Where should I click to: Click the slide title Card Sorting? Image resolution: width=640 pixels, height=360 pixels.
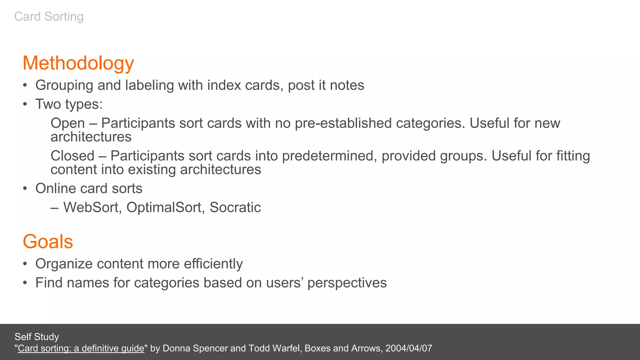click(x=49, y=17)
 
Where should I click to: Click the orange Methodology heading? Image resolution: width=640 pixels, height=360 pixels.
click(x=78, y=63)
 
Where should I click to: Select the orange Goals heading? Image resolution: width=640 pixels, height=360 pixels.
click(x=48, y=242)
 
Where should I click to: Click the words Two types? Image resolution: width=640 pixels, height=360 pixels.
click(x=69, y=104)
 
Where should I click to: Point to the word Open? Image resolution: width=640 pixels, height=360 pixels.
click(x=67, y=123)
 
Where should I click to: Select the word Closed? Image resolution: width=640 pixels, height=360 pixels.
click(x=72, y=156)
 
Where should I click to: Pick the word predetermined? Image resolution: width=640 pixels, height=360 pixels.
click(x=328, y=156)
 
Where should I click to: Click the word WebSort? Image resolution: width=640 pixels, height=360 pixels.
click(x=92, y=207)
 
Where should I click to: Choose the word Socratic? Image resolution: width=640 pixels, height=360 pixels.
click(x=235, y=207)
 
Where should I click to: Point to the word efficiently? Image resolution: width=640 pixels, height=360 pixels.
click(x=213, y=264)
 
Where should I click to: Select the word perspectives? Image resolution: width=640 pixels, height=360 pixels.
click(x=347, y=283)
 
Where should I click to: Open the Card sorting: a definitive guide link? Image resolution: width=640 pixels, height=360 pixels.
click(x=81, y=348)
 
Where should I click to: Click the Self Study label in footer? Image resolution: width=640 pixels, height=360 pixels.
click(x=37, y=337)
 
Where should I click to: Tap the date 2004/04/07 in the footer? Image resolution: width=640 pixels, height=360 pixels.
click(x=409, y=348)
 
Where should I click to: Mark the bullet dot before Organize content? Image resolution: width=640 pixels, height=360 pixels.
click(x=25, y=264)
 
